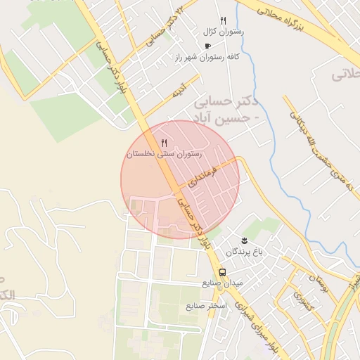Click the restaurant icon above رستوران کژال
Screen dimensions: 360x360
[223, 21]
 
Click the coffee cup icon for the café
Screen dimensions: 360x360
[207, 46]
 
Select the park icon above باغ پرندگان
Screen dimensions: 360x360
[245, 240]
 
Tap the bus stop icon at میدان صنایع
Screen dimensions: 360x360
[222, 272]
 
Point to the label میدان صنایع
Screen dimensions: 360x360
[222, 283]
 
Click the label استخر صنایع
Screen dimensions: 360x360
[205, 307]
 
